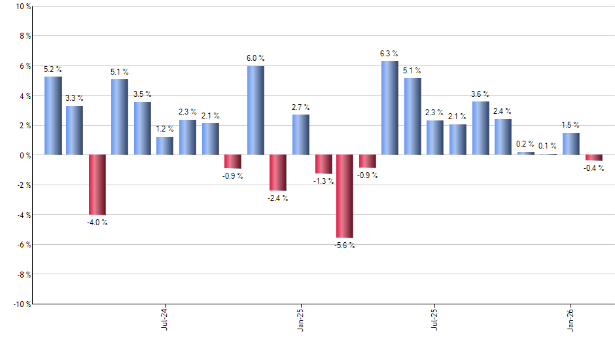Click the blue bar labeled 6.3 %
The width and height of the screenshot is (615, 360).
(x=389, y=108)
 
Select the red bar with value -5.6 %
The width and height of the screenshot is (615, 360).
(x=345, y=196)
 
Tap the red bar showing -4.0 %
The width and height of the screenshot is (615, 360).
(x=97, y=185)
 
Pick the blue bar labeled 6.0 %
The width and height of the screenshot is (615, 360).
(x=256, y=110)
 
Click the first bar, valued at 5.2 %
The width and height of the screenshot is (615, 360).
(x=53, y=116)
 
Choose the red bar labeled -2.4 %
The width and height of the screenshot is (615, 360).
(x=278, y=173)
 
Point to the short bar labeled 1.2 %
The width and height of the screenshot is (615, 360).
(x=165, y=146)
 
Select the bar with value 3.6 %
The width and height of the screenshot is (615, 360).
(x=480, y=128)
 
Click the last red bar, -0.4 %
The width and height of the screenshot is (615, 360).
(x=593, y=158)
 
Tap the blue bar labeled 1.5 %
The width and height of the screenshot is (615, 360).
(x=571, y=144)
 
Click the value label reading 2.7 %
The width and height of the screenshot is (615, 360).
(x=301, y=107)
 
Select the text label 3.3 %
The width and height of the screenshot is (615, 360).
(x=75, y=98)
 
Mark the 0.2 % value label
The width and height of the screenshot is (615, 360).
(x=525, y=144)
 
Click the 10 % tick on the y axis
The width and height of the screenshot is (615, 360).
(x=22, y=7)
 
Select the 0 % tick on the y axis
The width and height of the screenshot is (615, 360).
(x=24, y=155)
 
